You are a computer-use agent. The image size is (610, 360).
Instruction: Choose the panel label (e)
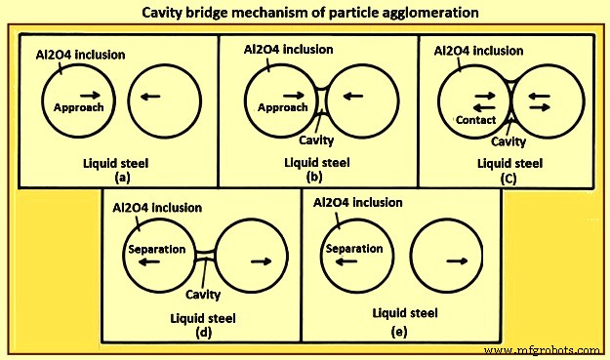400,331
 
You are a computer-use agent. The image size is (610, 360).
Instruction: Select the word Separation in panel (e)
354,249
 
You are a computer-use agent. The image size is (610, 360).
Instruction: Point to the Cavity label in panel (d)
204,294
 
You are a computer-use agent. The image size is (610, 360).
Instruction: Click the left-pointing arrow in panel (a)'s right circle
151,97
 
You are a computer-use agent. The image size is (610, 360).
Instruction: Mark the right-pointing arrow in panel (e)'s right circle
455,261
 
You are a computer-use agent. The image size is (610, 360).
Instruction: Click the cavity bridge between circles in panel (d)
205,256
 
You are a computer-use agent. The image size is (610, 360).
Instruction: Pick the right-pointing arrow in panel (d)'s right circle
262,261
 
